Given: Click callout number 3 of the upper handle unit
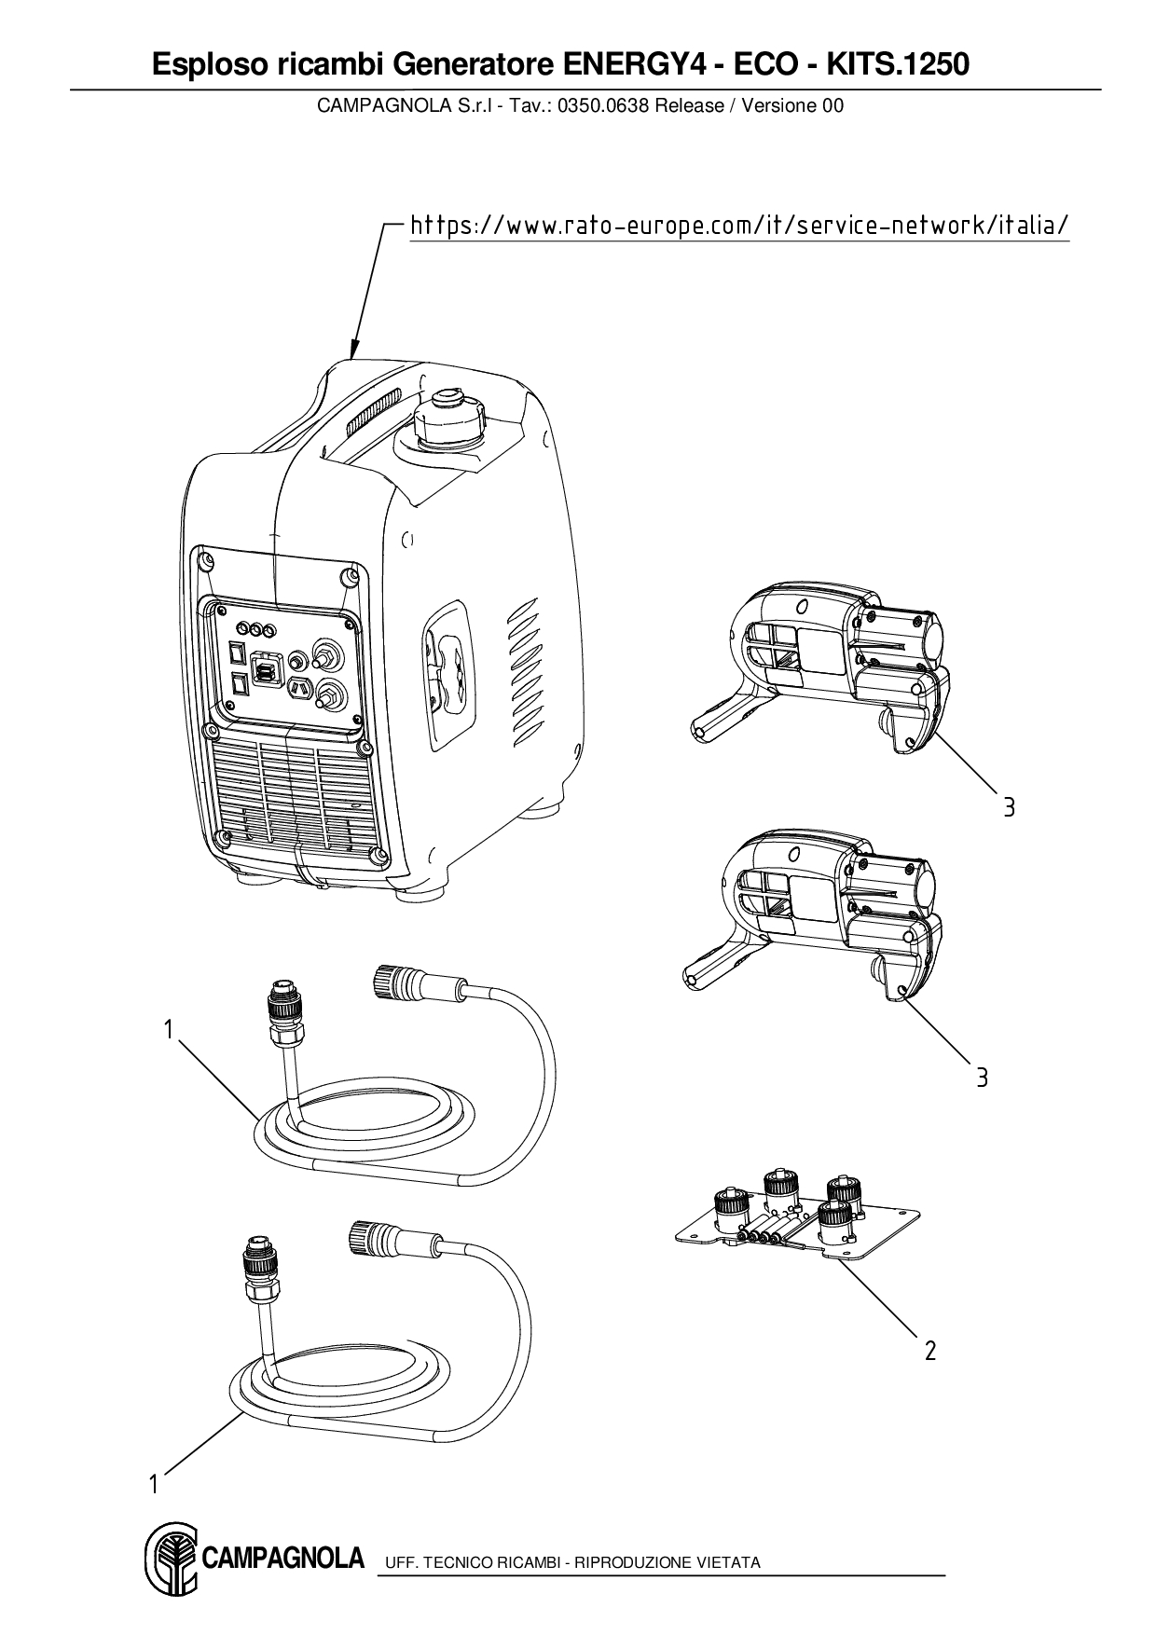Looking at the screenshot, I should point(1009,807).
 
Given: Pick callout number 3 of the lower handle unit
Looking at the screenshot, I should point(982,1079).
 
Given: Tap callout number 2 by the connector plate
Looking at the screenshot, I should point(929,1350).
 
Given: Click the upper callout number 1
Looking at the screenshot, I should point(168,1030).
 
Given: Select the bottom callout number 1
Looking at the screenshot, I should point(153,1484).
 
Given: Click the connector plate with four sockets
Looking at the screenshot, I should point(797,1223).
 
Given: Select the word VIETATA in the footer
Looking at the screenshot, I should point(732,1562).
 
